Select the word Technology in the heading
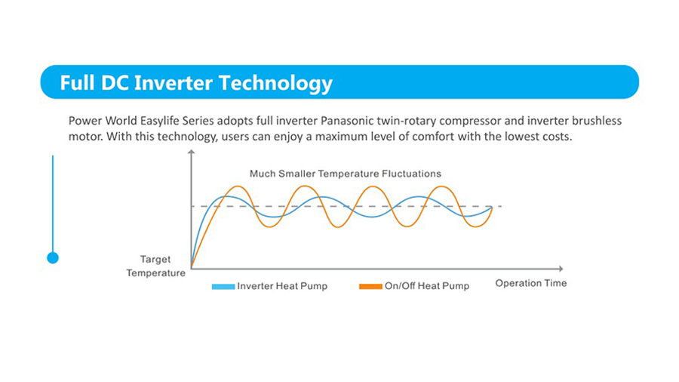[275, 84]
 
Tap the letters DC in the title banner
[115, 83]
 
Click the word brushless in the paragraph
[596, 120]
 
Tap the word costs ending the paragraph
[557, 137]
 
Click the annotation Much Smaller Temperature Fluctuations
[345, 174]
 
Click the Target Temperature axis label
[155, 266]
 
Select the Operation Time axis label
[531, 283]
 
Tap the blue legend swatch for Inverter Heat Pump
[223, 286]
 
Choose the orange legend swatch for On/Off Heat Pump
[370, 286]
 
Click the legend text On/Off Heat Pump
[427, 286]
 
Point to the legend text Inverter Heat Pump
[282, 286]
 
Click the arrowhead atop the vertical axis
[191, 152]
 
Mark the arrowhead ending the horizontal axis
[561, 269]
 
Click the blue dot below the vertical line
[53, 258]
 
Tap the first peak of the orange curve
[238, 186]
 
